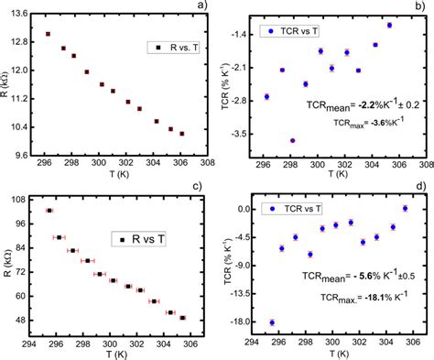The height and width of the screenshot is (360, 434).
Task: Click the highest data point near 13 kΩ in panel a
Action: (48, 34)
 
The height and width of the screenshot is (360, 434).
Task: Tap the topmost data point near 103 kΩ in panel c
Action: (49, 211)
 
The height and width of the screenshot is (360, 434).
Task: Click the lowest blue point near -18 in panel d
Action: (272, 322)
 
